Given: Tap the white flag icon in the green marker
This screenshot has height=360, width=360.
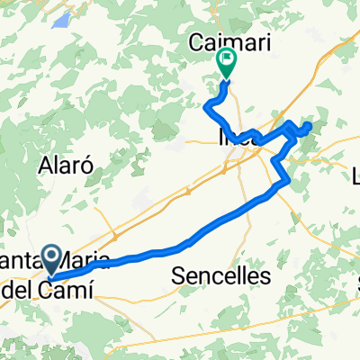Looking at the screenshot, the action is tap(226, 62).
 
